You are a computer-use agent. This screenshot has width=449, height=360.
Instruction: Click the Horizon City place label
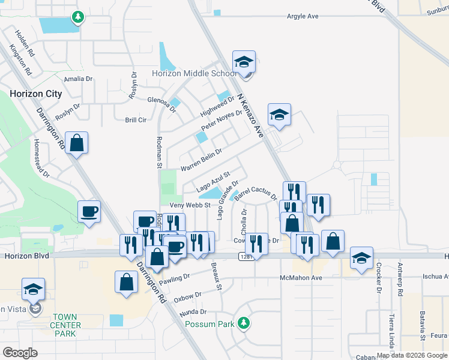[x=35, y=94]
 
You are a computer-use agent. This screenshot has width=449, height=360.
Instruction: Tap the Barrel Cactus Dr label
[x=256, y=193]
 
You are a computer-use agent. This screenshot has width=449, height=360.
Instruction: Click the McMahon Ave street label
[x=301, y=278]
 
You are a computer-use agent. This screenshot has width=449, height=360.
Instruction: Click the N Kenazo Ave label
[x=250, y=116]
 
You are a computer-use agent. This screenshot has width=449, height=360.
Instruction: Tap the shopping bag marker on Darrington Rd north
[x=76, y=143]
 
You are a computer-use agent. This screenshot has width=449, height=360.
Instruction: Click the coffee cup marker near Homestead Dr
[x=89, y=212]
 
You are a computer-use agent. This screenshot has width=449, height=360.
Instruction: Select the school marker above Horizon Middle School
[x=244, y=62]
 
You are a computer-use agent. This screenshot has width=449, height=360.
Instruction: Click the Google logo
[x=20, y=353]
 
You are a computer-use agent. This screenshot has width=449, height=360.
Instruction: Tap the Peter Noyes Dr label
[x=221, y=121]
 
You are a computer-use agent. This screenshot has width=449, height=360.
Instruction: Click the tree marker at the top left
[x=77, y=17]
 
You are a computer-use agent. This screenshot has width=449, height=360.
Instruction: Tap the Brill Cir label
[x=136, y=120]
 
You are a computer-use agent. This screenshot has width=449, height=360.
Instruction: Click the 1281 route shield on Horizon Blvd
[x=246, y=256]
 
